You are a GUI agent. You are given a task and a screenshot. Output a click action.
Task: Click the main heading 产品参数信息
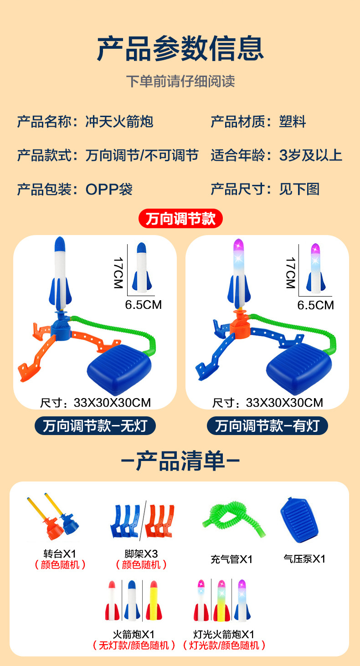click(x=180, y=49)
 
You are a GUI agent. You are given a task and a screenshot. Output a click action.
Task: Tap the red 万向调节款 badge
click(x=180, y=219)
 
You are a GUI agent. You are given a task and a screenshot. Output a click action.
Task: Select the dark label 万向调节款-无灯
click(x=95, y=426)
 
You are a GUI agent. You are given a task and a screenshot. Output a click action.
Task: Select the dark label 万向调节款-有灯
click(x=267, y=426)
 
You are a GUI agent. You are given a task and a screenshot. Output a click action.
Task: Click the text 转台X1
click(x=60, y=554)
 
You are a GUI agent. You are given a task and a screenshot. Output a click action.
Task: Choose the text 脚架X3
click(x=141, y=554)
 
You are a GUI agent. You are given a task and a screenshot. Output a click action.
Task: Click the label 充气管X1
click(x=231, y=559)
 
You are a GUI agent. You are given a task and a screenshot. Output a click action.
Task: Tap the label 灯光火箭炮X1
click(x=224, y=635)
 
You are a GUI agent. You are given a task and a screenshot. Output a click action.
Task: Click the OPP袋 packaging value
click(x=109, y=189)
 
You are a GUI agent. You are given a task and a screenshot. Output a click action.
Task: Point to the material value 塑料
click(x=293, y=122)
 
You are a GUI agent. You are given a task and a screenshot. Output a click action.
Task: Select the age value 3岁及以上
click(x=310, y=155)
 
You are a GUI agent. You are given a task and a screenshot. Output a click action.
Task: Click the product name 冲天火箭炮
click(x=119, y=122)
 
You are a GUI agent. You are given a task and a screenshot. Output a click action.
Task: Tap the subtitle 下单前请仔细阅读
click(x=180, y=81)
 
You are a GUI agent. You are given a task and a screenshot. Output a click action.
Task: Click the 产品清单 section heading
click(x=180, y=461)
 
